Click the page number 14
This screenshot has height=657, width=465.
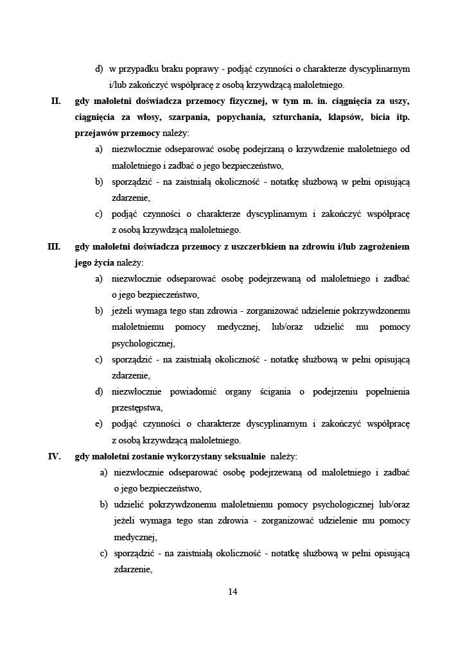click(232, 592)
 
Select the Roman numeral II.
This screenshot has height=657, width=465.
click(57, 101)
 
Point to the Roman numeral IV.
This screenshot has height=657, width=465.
click(55, 457)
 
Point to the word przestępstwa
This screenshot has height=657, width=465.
click(136, 407)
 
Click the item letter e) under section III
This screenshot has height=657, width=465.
click(99, 424)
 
